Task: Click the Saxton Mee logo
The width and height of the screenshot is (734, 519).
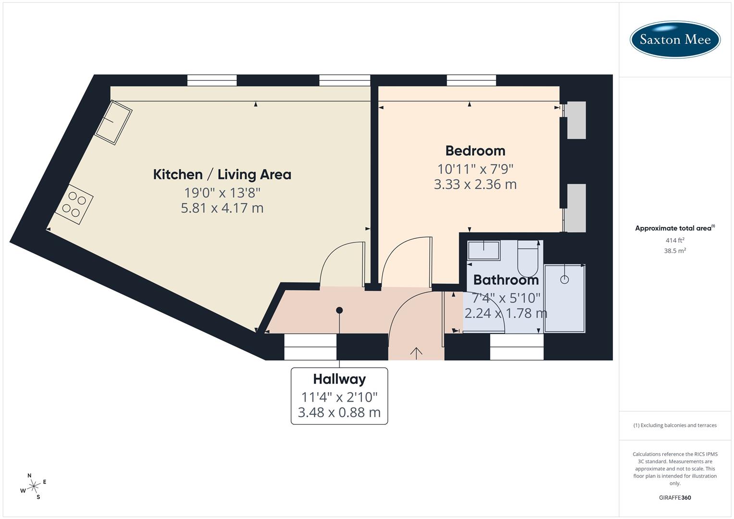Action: (x=674, y=39)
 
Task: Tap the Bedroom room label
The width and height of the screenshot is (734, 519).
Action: (x=475, y=151)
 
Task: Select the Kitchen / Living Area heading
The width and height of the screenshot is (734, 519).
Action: (x=222, y=174)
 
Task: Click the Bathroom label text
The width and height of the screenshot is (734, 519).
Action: (x=506, y=280)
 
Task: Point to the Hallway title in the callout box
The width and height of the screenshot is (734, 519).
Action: (x=339, y=379)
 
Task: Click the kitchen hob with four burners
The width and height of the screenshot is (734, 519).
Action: (x=74, y=205)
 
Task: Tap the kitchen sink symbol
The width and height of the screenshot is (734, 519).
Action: (x=113, y=122)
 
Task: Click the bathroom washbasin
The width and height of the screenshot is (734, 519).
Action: (x=484, y=250)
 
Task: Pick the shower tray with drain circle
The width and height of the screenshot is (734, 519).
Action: (x=564, y=298)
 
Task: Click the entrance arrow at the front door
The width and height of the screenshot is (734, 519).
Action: (x=416, y=352)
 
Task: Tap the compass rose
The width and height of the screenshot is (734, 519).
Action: (x=33, y=486)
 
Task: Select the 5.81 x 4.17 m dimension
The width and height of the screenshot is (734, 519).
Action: (x=222, y=208)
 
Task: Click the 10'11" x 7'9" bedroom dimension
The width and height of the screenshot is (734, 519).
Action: (x=475, y=169)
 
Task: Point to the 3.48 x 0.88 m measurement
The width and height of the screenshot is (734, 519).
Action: (x=339, y=412)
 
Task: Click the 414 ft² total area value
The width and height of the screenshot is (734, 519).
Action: (x=674, y=240)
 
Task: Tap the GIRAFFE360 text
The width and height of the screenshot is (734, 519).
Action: (x=674, y=497)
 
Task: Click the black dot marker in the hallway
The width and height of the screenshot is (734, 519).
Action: (x=339, y=310)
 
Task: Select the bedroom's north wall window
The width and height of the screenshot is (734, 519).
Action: (x=471, y=80)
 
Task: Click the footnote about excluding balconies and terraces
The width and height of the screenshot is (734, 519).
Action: (x=674, y=425)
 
